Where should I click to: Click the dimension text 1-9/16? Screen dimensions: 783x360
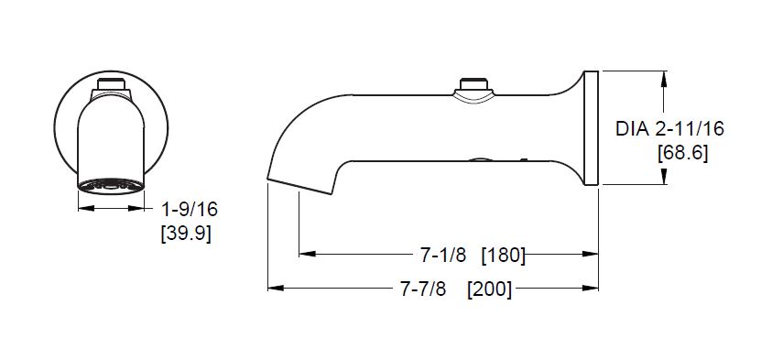coord(190,210)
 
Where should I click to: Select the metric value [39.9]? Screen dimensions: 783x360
coord(186,234)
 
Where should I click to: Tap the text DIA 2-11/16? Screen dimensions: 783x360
coord(669,129)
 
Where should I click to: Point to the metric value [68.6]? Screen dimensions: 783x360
coord(682,153)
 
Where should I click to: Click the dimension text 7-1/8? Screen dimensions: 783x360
coord(442,256)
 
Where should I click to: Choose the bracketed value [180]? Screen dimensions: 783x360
coord(504,256)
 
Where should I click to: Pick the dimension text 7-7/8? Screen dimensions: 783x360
coord(423,289)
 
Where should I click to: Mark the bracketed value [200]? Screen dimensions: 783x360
coord(489,289)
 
